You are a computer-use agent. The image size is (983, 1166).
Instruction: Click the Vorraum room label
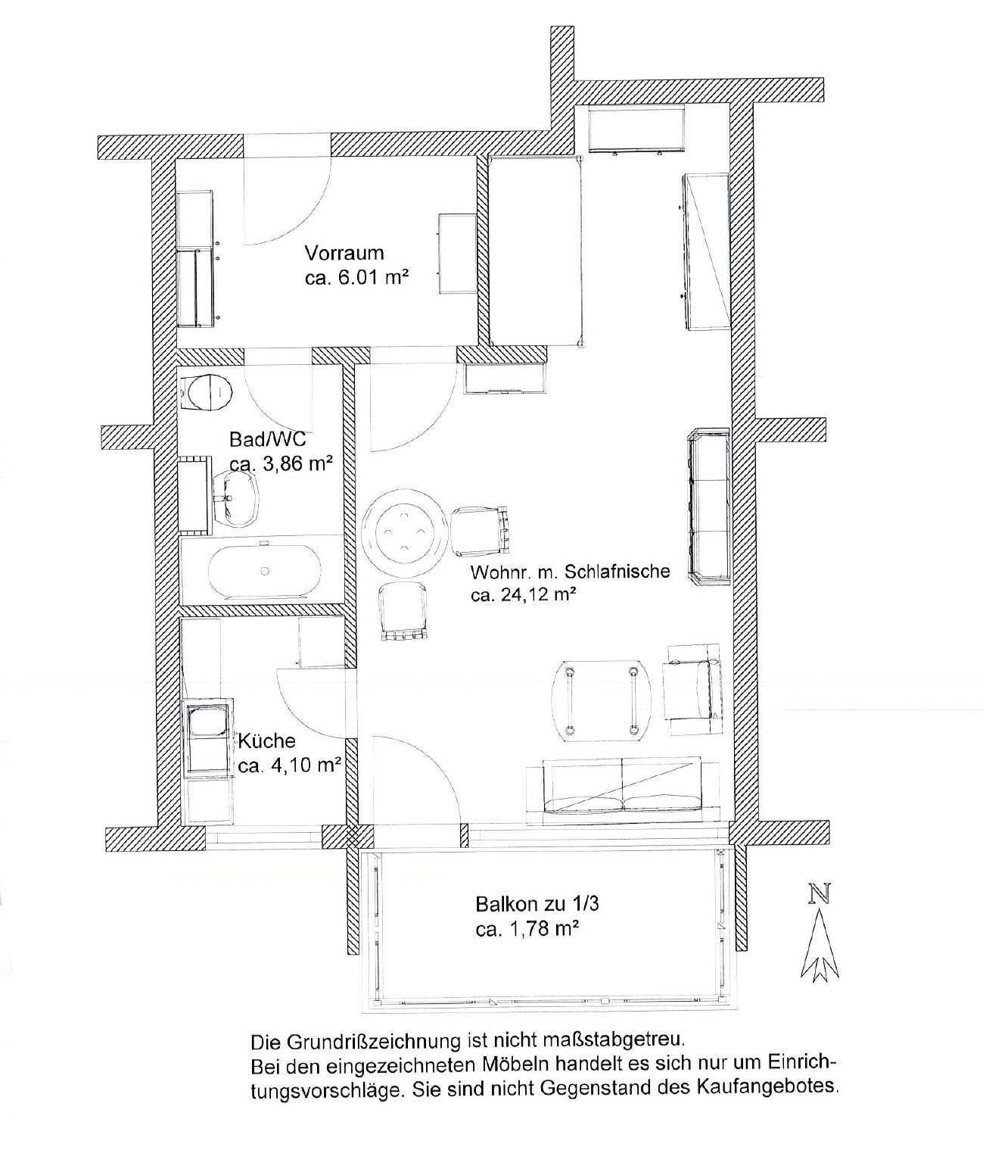pos(344,253)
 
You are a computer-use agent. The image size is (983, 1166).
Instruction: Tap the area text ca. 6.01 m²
pos(356,278)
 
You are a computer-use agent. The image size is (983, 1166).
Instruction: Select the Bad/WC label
pos(267,439)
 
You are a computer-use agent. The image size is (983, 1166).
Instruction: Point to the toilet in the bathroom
pos(207,390)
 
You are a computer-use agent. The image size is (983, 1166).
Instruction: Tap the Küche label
pos(266,740)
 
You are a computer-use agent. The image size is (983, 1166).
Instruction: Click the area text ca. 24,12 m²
pos(523,595)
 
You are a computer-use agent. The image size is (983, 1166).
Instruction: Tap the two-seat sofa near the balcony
pos(622,790)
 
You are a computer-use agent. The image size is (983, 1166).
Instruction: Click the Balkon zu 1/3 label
pos(537,903)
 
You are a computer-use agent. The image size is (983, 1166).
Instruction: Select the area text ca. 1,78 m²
pos(527,929)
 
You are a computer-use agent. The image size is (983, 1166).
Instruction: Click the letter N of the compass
pos(820,893)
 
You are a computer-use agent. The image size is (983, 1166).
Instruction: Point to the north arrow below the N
pos(819,945)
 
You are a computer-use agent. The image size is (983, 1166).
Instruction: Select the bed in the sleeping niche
pos(536,251)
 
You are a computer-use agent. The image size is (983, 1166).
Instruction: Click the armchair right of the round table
pos(481,531)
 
